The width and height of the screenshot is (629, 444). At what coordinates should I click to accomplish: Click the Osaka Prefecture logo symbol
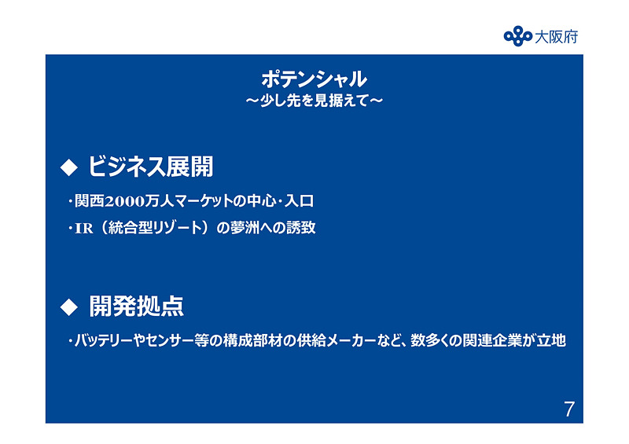[518, 36]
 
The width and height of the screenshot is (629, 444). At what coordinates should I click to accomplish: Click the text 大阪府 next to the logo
[556, 36]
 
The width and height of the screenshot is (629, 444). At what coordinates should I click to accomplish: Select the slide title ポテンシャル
[314, 79]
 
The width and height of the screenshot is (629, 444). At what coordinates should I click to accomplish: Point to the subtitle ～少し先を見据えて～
[314, 101]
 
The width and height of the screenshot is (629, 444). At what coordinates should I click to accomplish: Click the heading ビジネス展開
[150, 167]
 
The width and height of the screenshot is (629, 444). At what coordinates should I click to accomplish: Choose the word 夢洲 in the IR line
[245, 229]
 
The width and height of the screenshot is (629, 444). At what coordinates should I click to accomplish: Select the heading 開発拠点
[136, 305]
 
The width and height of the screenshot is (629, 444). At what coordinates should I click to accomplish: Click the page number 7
[569, 409]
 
